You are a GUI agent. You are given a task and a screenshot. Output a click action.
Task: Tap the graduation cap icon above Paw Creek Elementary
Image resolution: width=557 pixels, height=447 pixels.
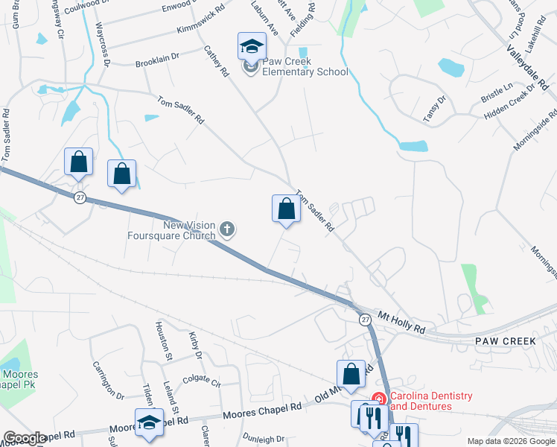(x=252, y=46)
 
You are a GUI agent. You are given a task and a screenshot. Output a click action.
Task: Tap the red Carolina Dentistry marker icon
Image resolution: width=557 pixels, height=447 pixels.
(x=378, y=400)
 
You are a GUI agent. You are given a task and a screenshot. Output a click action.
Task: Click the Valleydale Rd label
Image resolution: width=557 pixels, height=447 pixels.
(x=527, y=65)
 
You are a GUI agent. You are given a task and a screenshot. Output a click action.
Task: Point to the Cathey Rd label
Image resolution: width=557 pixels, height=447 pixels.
(x=216, y=62)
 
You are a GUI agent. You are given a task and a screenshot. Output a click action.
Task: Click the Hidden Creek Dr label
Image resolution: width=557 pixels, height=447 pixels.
(x=510, y=101)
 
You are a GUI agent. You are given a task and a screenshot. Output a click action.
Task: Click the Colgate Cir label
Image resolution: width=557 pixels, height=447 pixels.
(x=202, y=381)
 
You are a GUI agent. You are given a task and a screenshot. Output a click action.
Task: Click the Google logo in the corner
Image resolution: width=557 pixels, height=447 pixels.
(x=25, y=438)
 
